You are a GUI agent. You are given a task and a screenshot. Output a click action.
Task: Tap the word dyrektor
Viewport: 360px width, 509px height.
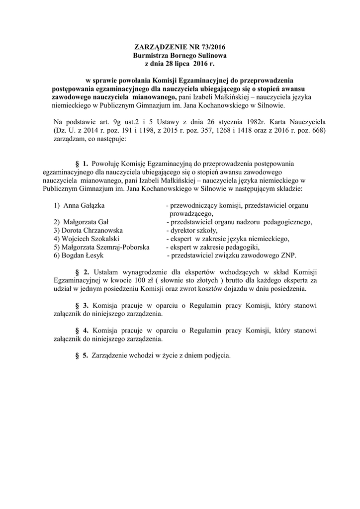tap(182, 230)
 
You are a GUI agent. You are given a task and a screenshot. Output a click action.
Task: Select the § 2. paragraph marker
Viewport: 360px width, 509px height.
tap(82, 272)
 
